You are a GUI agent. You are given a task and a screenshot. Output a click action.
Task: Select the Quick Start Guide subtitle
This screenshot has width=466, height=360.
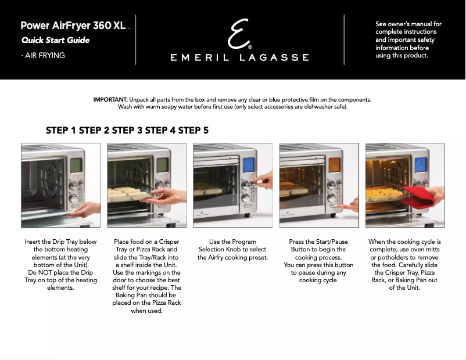(x=55, y=41)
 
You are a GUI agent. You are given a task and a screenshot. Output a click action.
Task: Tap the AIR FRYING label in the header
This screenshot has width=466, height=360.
(x=44, y=56)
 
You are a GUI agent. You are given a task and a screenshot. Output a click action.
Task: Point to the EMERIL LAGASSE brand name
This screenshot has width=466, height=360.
(x=239, y=57)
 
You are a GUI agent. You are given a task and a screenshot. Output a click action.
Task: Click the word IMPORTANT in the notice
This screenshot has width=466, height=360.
(x=110, y=100)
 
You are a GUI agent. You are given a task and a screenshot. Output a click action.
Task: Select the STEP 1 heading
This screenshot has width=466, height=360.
(x=61, y=131)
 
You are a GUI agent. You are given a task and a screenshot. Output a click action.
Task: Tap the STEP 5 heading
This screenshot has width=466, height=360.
(x=193, y=131)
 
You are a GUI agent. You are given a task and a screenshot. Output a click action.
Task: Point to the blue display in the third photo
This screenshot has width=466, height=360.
(x=249, y=166)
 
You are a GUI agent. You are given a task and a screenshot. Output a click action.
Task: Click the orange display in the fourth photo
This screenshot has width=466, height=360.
(x=335, y=166)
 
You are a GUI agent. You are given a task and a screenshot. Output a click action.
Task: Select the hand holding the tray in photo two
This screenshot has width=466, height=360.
(x=169, y=196)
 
